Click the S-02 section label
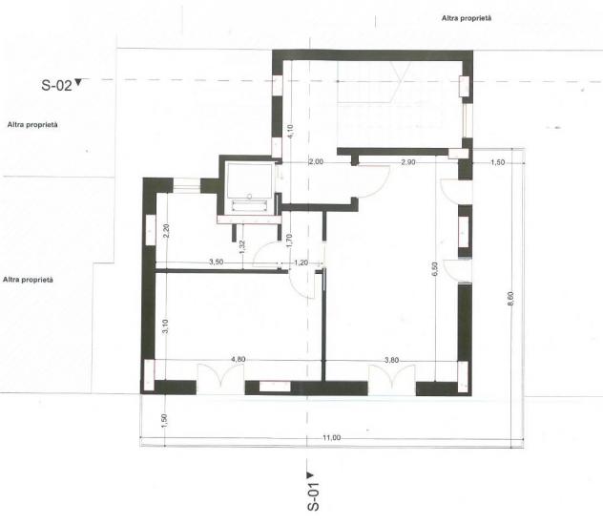tap(56, 85)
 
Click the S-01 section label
tap(313, 496)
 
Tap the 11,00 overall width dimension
tap(331, 438)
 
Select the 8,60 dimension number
tap(510, 299)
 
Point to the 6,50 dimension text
tap(434, 269)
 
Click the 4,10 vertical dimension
tap(290, 132)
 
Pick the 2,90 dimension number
tap(408, 162)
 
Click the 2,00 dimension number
tap(316, 162)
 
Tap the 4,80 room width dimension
tap(238, 359)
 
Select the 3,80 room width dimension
tap(391, 360)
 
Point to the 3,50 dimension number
tap(217, 262)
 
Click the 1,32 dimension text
tap(242, 247)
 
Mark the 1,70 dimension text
tap(290, 241)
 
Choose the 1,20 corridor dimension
tap(301, 262)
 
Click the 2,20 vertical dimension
tap(166, 231)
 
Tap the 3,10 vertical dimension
tap(165, 326)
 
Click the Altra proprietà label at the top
tap(467, 18)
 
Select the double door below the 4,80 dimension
tap(220, 378)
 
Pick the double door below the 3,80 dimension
tap(392, 380)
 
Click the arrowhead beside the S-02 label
tap(78, 82)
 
